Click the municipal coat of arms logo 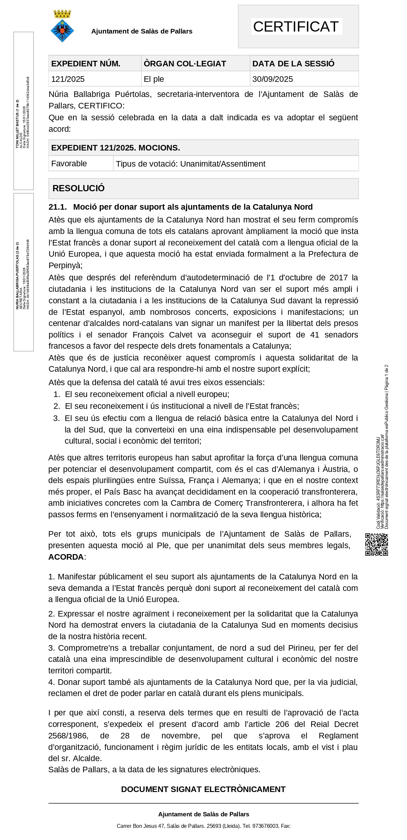pyautogui.click(x=62, y=26)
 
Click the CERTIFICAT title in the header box pyautogui.click(x=296, y=27)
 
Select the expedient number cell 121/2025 pyautogui.click(x=68, y=79)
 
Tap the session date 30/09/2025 pyautogui.click(x=272, y=79)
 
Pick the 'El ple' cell pyautogui.click(x=154, y=79)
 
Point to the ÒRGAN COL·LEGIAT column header pyautogui.click(x=185, y=64)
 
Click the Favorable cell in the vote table pyautogui.click(x=69, y=164)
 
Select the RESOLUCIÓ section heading pyautogui.click(x=78, y=188)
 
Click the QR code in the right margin pyautogui.click(x=376, y=545)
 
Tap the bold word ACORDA pyautogui.click(x=66, y=557)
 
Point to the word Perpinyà pyautogui.click(x=65, y=266)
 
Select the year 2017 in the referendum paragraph pyautogui.click(x=338, y=278)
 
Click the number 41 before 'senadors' pyautogui.click(x=314, y=335)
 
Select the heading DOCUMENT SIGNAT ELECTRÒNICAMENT pyautogui.click(x=203, y=789)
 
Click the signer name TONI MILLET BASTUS pyautogui.click(x=17, y=124)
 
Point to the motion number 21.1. pyautogui.click(x=57, y=207)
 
